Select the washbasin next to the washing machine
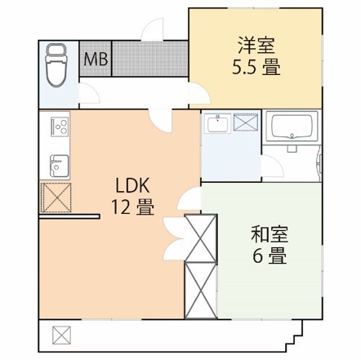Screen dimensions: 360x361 click(217, 125)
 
